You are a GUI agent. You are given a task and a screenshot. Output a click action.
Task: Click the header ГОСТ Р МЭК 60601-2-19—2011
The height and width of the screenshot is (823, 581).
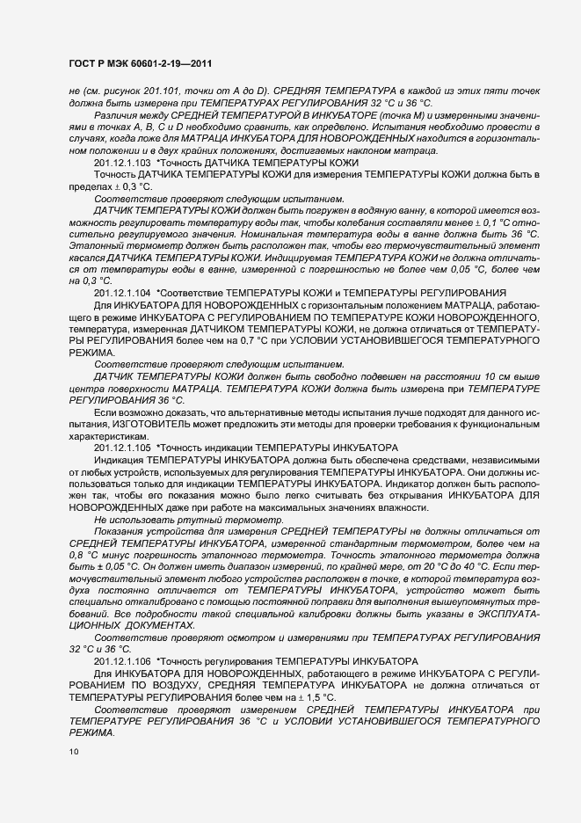click(x=140, y=64)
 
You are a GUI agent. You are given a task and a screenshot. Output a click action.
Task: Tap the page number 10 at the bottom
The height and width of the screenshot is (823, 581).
click(x=73, y=752)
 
